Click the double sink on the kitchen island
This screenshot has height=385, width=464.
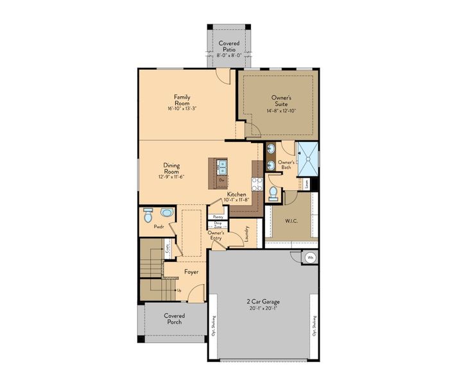[222, 167]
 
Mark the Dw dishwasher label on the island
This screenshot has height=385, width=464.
[221, 180]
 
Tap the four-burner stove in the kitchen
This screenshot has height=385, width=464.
[257, 184]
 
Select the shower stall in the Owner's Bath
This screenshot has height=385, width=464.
[308, 157]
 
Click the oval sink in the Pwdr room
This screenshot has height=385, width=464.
[166, 212]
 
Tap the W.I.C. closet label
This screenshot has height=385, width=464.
[291, 222]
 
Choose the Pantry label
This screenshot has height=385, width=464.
[218, 218]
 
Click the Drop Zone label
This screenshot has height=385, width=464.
[218, 225]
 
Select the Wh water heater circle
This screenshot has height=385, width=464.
[310, 257]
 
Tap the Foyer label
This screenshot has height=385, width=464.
[191, 272]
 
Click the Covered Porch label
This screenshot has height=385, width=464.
[174, 319]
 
